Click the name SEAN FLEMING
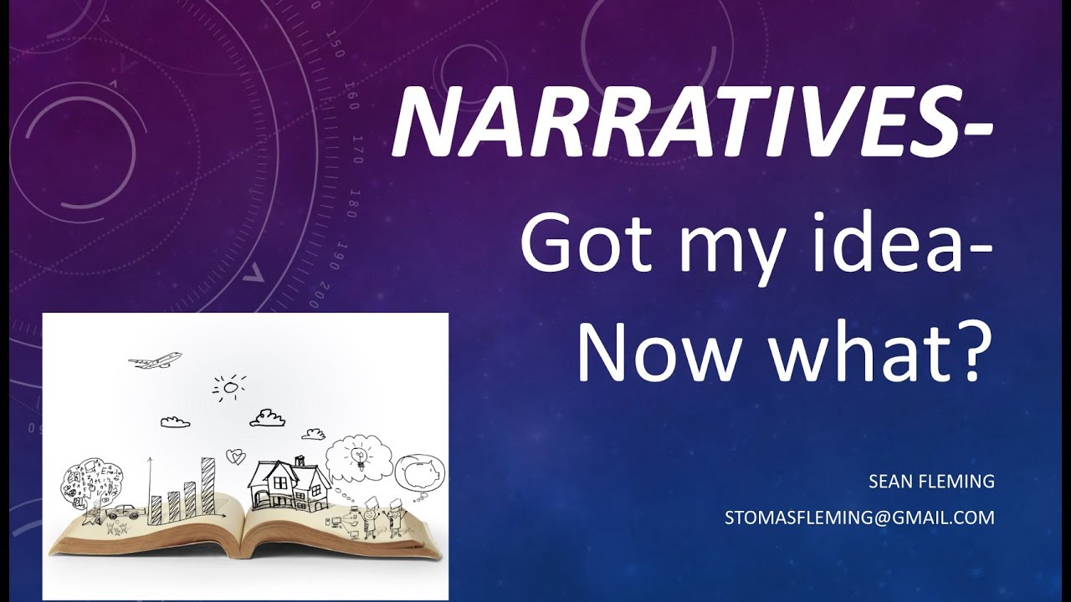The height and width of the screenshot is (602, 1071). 931,482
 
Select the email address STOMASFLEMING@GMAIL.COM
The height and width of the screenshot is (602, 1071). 859,518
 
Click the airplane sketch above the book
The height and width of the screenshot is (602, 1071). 155,360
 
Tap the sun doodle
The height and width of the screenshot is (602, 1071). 230,387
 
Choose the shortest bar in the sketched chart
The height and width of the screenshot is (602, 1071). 156,506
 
